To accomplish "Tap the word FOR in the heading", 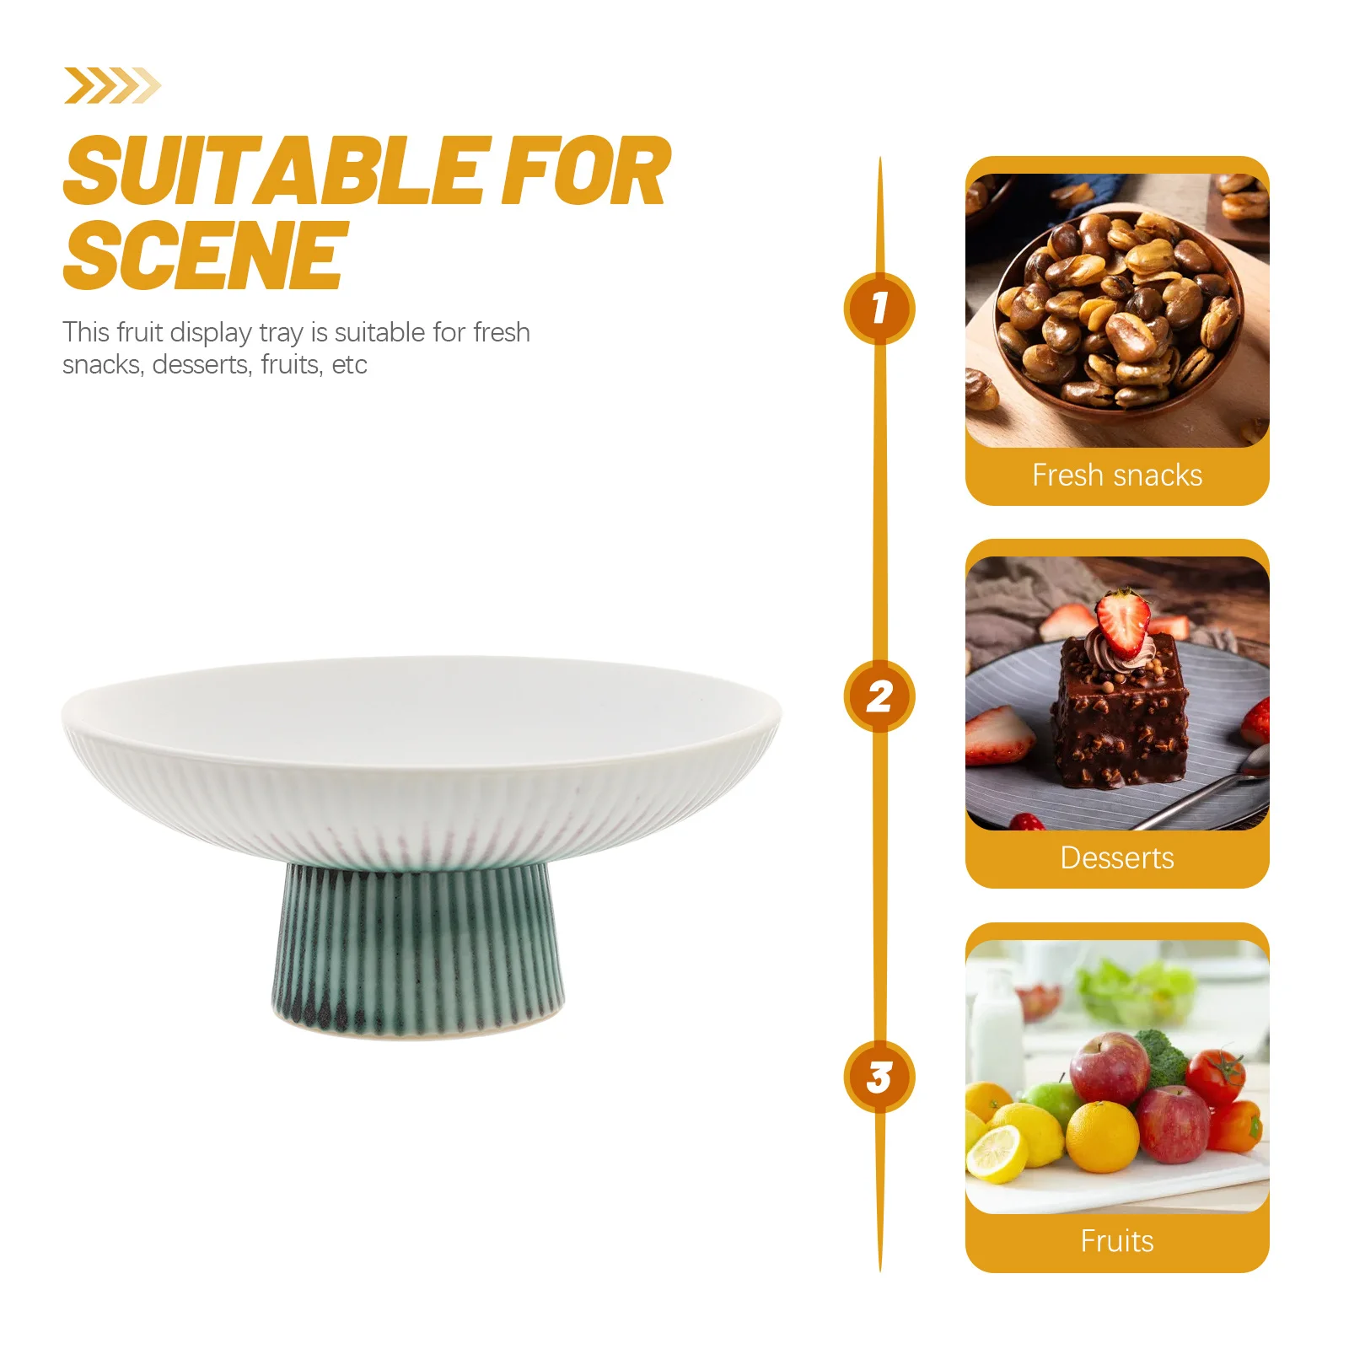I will pos(585,173).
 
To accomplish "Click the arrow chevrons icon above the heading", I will pos(111,86).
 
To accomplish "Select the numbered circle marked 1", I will pos(879,308).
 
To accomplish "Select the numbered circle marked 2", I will pos(879,696).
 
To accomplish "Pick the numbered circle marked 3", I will pos(879,1077).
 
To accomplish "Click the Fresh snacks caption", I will pos(1117,476).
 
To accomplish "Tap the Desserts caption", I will pos(1117,858).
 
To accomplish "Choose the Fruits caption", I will pos(1117,1241).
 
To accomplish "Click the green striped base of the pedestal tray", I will pos(418,949).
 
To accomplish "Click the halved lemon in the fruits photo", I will pos(997,1152).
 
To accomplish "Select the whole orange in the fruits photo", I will pos(1101,1137).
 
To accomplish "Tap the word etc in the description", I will pos(349,365).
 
